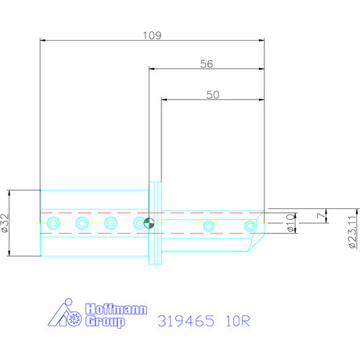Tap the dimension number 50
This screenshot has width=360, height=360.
[212, 94]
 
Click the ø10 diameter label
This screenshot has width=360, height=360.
[291, 224]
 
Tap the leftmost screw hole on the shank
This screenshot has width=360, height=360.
[52, 225]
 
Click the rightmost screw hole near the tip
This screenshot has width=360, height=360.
[250, 226]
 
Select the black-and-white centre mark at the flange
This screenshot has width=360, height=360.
[149, 224]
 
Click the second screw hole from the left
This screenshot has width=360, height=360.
[81, 225]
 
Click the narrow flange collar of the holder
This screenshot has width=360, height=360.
[156, 222]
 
